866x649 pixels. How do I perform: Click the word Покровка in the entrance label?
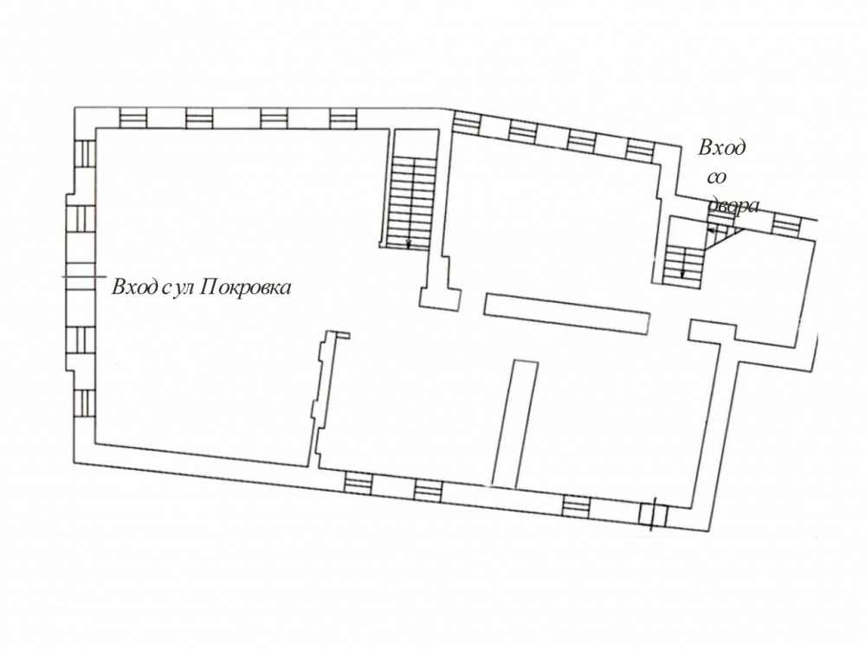coord(243,287)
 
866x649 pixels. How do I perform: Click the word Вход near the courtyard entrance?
coord(722,148)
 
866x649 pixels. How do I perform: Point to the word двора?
coord(734,207)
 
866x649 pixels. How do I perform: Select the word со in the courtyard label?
coord(716,178)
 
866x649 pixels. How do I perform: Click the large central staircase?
coord(410,202)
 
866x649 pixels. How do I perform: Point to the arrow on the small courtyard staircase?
coord(683,270)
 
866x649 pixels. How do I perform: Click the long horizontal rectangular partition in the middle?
coord(566,313)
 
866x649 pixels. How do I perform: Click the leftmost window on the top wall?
coord(133,118)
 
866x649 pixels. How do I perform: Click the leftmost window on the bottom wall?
coord(359,484)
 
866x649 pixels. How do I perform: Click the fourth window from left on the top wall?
coord(344,118)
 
